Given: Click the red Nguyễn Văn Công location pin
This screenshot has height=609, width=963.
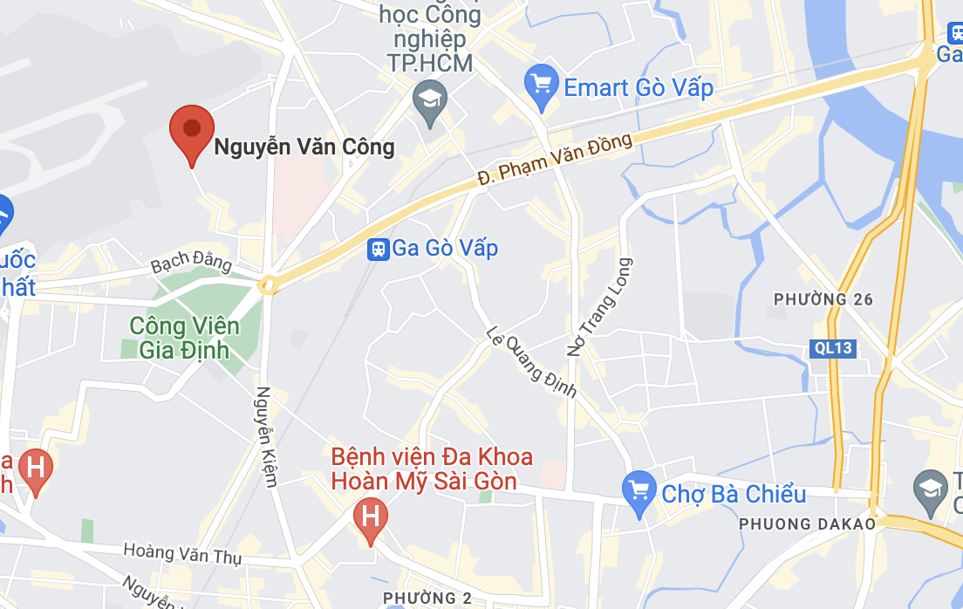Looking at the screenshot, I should coord(191,130).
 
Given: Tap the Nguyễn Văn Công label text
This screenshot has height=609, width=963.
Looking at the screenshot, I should coord(304,147).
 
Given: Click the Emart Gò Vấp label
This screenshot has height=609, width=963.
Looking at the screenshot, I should coord(639,88).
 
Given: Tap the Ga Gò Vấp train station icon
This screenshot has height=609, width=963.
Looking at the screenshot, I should coord(378,249).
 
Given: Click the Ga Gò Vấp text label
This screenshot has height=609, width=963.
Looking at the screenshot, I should coord(445,249).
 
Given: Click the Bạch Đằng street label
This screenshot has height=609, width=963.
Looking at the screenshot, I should coord(191,263).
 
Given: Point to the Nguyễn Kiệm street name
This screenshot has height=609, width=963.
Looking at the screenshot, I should coord(266,435).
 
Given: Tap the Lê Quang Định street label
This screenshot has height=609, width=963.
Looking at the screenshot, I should coord(531,360).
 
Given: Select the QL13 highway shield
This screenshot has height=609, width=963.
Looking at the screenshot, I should coord(833,349).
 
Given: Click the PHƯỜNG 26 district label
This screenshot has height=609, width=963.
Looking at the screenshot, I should coord(823,299).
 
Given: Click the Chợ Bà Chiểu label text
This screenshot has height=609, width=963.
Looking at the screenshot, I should coord(734,494).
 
